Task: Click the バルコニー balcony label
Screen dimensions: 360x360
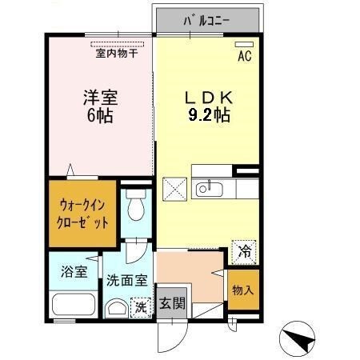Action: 206,18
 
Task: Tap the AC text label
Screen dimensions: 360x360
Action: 245,57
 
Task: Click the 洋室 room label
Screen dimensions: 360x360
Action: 100,98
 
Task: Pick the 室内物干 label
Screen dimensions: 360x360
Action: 117,54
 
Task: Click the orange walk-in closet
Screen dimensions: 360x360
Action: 82,214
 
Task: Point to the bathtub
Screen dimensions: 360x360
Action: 74,306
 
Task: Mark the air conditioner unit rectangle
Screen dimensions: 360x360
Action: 245,45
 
